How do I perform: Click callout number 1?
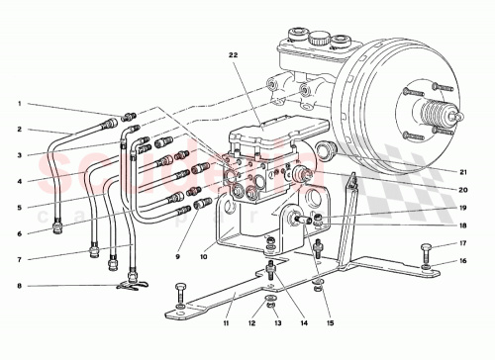18,104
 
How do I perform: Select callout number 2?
18,129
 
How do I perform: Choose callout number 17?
461,243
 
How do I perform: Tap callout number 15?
329,323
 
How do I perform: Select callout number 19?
461,209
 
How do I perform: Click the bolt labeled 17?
426,246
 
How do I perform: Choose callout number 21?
461,170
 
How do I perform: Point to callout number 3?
18,155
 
